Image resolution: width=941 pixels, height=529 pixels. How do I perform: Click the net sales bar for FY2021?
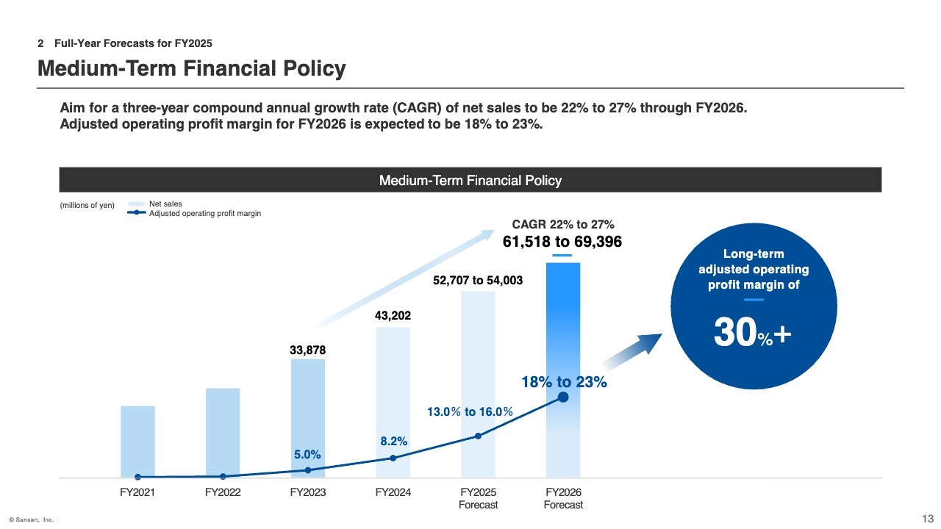point(137,441)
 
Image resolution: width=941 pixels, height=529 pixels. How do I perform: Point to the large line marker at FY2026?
point(563,397)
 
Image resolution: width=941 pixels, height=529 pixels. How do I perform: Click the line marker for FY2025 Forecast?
point(478,436)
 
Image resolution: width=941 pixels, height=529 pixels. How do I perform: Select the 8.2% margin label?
point(394,442)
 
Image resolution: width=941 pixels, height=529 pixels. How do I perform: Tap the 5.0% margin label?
point(307,455)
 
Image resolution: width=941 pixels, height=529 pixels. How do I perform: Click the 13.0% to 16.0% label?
point(470,412)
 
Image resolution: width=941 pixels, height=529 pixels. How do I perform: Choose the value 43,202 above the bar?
point(393,316)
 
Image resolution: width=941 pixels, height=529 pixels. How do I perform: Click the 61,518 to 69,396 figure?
point(562,241)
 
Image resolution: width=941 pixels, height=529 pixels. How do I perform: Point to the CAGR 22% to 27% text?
point(562,224)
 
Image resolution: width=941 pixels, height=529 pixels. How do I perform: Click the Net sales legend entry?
point(165,204)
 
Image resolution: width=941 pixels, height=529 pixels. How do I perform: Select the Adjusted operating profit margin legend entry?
point(204,214)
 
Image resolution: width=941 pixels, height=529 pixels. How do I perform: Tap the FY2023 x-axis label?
point(308,492)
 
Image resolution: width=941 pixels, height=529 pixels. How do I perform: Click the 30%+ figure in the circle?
point(754,334)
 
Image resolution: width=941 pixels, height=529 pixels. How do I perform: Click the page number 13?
point(927,518)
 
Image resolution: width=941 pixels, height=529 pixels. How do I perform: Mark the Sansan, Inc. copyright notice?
point(32,519)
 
